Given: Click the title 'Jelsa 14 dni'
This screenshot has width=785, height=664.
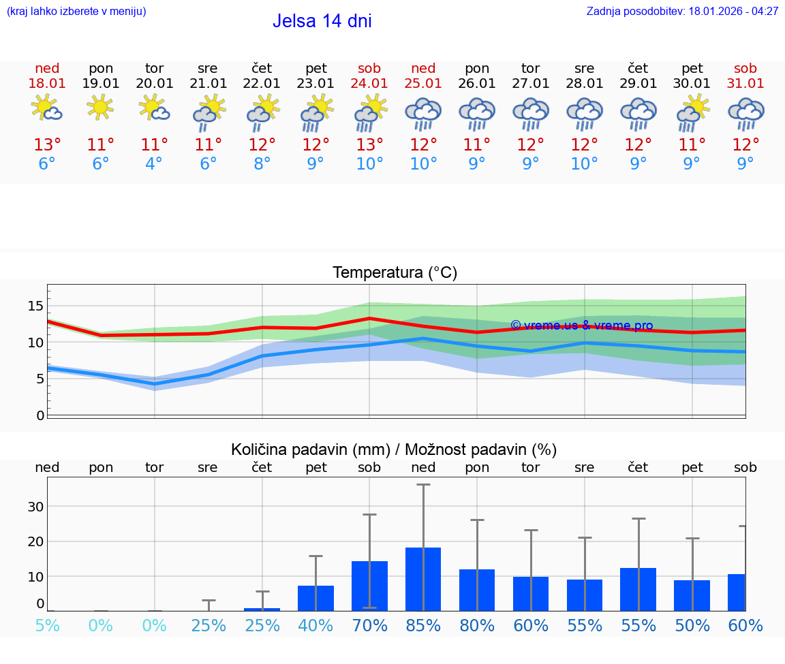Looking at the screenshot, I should coord(322,21).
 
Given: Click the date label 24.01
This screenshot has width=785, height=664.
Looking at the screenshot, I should coord(369,83).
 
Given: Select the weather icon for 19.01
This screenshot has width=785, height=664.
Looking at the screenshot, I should coord(101,108).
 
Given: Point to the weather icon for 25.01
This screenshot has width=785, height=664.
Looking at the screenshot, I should coord(423,113).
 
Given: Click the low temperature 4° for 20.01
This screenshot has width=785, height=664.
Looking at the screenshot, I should coord(155,164).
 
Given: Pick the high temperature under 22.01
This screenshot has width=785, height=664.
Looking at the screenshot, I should coord(262,145).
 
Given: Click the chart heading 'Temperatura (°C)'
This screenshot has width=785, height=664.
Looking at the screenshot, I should coord(395,272).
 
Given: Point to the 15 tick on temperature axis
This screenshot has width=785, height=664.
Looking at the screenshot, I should coord(35,306).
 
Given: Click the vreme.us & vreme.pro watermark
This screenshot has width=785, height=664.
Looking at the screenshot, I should coord(581,326).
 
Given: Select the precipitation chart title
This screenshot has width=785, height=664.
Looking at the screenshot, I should coord(394,449).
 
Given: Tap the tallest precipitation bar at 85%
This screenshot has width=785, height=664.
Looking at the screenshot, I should coord(423,579).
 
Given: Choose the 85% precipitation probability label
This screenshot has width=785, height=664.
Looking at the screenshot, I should coord(423,625).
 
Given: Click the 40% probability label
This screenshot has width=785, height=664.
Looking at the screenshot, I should coord(316,625).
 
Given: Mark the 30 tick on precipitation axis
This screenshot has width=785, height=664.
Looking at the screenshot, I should coord(35,507).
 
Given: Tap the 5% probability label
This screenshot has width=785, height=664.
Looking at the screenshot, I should coord(47,625).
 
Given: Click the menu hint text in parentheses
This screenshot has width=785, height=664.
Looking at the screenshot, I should coord(76,11).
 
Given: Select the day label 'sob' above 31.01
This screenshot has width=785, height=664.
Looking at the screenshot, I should coord(745,68).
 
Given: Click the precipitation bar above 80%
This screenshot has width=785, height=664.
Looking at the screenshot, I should coord(477,590).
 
